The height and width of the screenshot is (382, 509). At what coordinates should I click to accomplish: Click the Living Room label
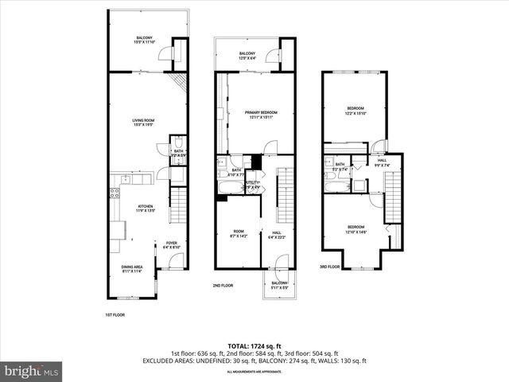point(142,123)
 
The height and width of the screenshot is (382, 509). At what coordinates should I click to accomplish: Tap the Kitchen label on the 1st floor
point(144,208)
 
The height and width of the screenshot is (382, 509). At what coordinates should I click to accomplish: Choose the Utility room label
point(253,185)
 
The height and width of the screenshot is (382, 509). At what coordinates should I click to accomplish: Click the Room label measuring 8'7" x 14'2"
point(238,235)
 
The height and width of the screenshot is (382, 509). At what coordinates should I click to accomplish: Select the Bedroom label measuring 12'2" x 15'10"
point(355,111)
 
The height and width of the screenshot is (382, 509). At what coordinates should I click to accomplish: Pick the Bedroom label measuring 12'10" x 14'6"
point(355,228)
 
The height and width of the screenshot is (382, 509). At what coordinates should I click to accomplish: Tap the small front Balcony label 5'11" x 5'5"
point(279,285)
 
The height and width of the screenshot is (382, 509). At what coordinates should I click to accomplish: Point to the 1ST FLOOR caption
point(115,315)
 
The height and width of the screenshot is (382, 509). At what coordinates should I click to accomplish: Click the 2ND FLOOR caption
point(222,286)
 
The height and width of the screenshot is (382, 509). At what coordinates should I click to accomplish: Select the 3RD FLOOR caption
point(330,267)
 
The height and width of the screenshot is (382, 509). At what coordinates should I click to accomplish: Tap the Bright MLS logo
point(32,371)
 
